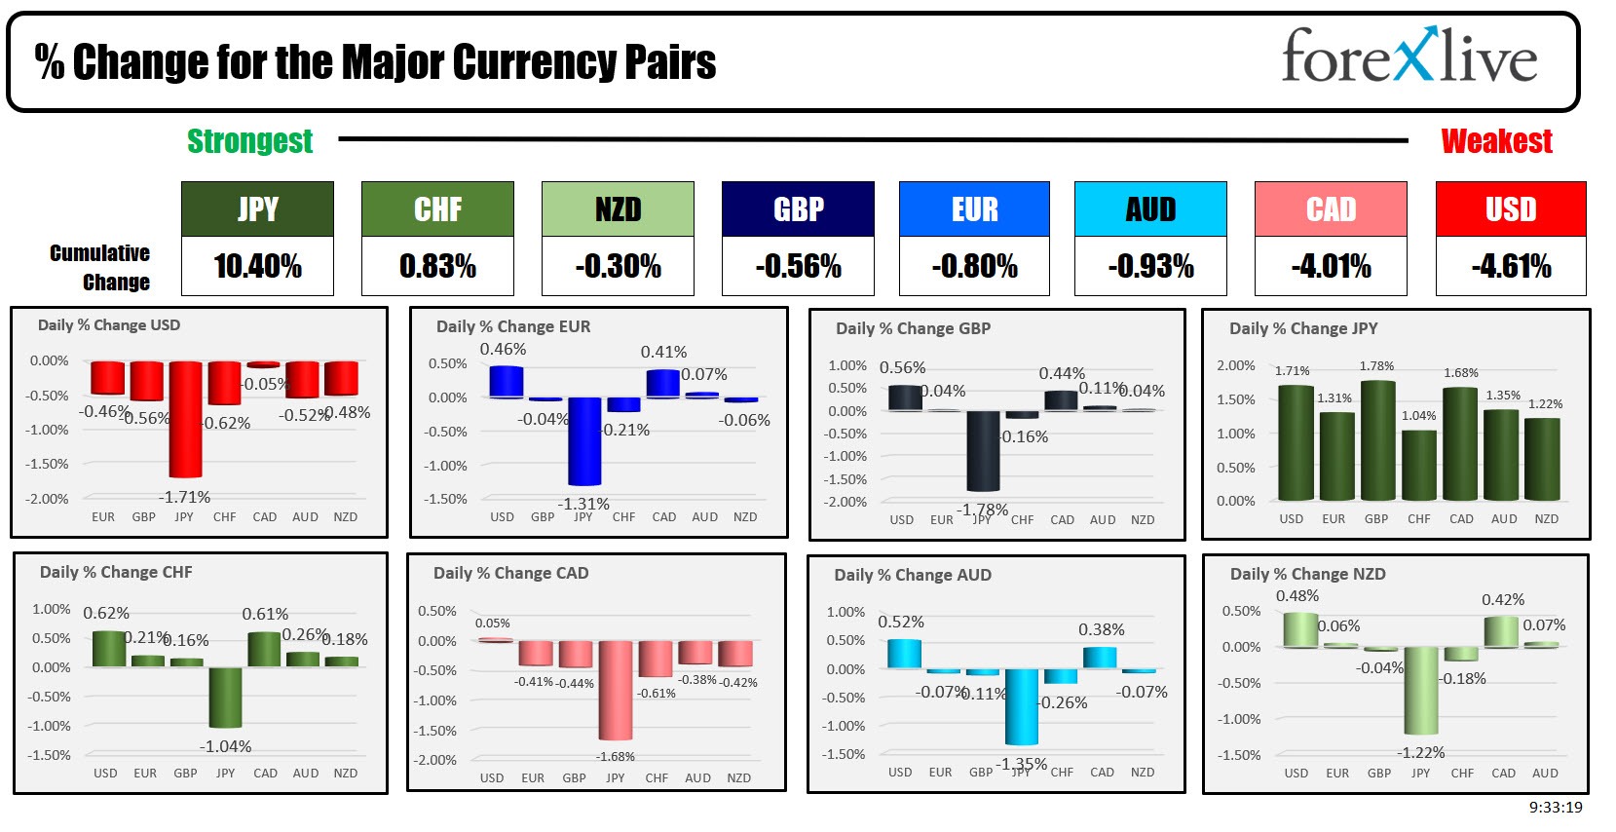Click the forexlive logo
1409,57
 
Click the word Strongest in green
249,141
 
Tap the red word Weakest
1495,141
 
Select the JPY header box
257,209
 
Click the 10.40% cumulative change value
257,266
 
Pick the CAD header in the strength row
1330,209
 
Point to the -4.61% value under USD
1510,266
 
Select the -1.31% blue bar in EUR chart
584,440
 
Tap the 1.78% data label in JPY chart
1376,366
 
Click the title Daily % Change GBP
913,329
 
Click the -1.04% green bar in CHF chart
225,697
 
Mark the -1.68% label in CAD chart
616,757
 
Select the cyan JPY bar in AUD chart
1021,706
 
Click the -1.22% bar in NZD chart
1420,690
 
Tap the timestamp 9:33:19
1555,808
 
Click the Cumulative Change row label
100,268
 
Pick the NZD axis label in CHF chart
346,774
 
